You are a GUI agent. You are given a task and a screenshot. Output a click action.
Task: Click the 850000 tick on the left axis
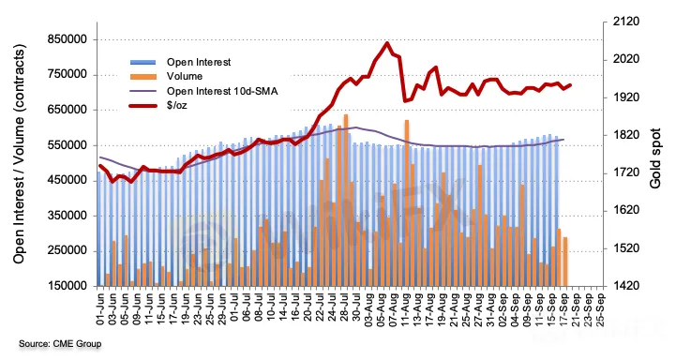point(67,40)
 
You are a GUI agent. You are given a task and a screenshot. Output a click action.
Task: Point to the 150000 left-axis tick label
point(67,286)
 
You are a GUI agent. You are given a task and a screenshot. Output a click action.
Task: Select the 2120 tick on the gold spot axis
point(626,22)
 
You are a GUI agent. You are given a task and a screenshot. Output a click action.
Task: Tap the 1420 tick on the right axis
point(626,286)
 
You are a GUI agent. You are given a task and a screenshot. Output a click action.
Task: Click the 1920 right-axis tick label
point(626,97)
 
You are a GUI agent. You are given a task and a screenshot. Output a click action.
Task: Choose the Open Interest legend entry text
point(199,62)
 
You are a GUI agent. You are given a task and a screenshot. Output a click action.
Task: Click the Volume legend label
point(185,76)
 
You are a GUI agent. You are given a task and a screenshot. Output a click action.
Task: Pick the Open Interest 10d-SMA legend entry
point(222,91)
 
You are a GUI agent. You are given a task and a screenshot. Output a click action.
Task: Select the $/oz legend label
point(177,105)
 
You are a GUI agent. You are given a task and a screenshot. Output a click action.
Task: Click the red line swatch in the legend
point(143,105)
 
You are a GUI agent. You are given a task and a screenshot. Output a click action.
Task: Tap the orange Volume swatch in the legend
point(143,77)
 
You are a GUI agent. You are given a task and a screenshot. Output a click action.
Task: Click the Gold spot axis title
point(655,158)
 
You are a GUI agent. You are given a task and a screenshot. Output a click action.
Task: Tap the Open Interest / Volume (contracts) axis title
point(19,154)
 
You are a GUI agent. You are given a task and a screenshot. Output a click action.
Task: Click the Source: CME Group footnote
point(60,344)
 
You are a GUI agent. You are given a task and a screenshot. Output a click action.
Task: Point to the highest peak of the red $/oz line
point(387,43)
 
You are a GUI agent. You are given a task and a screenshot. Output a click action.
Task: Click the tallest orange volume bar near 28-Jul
point(346,201)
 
